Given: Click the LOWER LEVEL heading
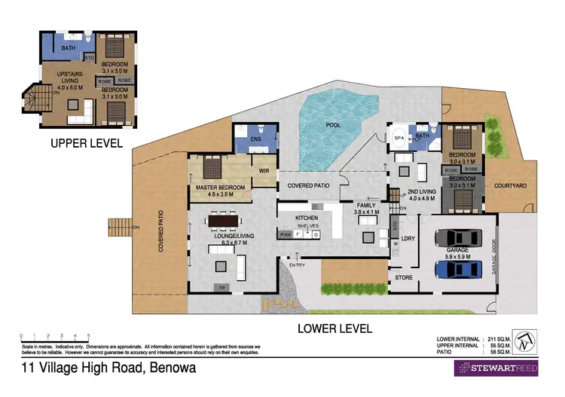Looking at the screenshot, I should coord(335,328).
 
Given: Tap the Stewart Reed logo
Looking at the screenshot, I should coord(494,368).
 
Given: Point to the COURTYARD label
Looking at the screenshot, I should coord(510,186).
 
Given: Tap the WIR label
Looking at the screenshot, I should coord(264,171).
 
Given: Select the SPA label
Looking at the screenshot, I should coord(399,139).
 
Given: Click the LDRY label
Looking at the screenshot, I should coord(409,240).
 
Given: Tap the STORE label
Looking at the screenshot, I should coord(404,278).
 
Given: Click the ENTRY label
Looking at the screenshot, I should coord(297,264).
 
